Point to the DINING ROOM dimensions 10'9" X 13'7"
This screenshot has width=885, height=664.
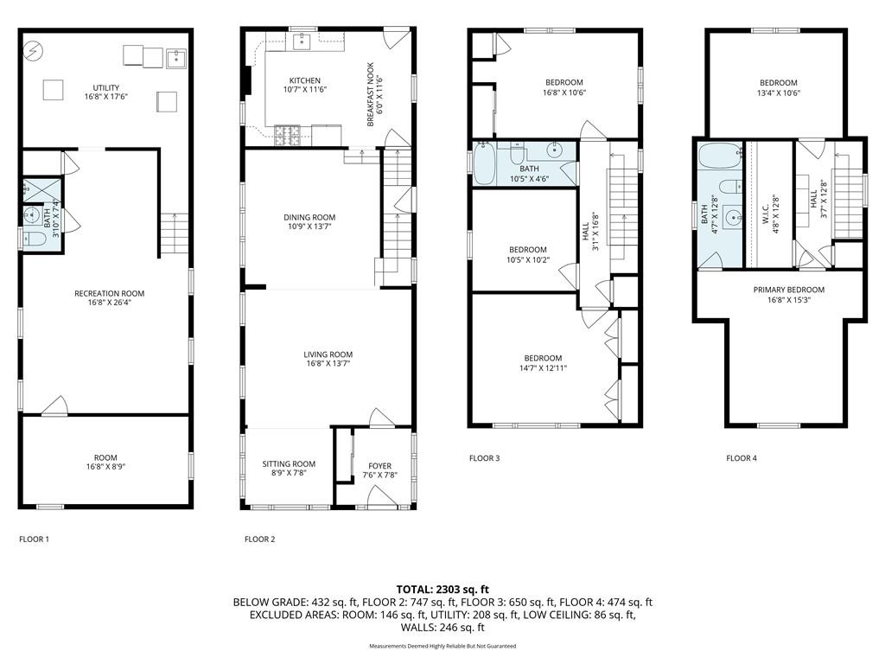[309, 227]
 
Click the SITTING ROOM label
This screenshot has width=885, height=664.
[290, 464]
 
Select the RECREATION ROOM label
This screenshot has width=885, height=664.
[109, 294]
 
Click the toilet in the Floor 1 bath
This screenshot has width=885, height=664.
[29, 240]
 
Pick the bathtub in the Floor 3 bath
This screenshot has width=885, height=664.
[485, 163]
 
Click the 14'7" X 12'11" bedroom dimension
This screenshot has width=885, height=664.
[543, 369]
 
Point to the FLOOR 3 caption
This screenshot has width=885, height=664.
[484, 458]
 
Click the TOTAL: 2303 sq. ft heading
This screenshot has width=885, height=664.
[442, 588]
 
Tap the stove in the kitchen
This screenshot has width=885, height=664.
[286, 133]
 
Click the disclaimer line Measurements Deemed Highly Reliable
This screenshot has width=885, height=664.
[442, 646]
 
